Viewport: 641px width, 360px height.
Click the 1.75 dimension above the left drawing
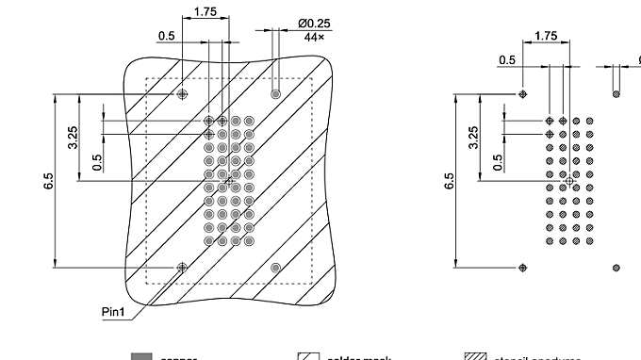(x=205, y=12)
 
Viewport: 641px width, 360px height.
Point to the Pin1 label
(x=114, y=310)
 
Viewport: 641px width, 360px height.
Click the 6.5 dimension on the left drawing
(x=48, y=181)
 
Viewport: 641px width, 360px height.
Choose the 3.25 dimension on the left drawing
(x=74, y=137)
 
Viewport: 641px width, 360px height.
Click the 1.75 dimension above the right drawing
(x=545, y=36)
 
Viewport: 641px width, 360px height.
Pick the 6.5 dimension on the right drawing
(x=448, y=181)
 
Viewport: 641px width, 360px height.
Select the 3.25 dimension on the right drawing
(x=473, y=137)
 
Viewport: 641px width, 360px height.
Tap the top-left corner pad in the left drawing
(x=183, y=94)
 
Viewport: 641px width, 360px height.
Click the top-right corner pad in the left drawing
(x=275, y=94)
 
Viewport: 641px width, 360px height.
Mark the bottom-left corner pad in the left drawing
(x=183, y=268)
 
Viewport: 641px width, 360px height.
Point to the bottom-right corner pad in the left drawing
(x=275, y=268)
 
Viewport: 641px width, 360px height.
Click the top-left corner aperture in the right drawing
(x=523, y=94)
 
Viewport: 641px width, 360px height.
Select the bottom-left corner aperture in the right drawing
(x=523, y=268)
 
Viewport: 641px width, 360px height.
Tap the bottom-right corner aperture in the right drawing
(x=616, y=268)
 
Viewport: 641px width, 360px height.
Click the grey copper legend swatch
(x=141, y=357)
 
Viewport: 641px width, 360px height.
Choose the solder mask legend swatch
(x=309, y=357)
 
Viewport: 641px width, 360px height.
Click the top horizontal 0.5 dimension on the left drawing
(x=166, y=36)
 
